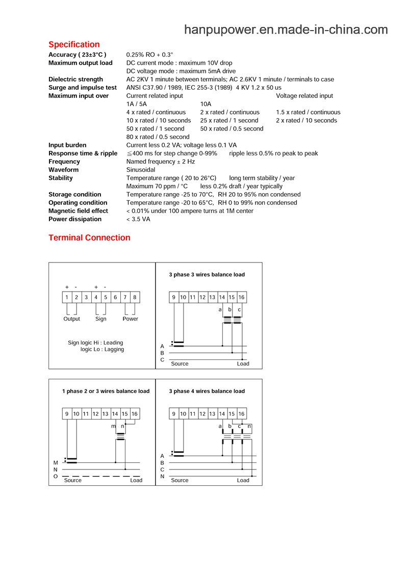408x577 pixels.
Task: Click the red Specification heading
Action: (x=74, y=44)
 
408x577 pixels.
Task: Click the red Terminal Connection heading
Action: (x=89, y=238)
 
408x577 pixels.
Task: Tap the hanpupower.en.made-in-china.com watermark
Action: (x=286, y=30)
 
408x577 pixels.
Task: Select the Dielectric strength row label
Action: (x=75, y=80)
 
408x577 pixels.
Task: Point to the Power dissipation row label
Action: (x=75, y=219)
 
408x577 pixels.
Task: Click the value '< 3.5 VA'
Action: (x=138, y=219)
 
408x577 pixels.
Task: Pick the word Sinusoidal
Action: (x=141, y=170)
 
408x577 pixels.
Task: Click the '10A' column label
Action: (x=206, y=104)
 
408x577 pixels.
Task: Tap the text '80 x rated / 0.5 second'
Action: (x=158, y=137)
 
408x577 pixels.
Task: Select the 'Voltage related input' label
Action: (x=304, y=96)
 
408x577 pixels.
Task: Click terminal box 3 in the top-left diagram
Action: (x=86, y=297)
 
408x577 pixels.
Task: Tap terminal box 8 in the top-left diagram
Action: (x=135, y=297)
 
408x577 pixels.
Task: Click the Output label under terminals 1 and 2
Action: (x=72, y=319)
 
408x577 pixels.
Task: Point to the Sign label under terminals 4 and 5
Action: (x=101, y=319)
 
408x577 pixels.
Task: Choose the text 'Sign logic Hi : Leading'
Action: (x=95, y=343)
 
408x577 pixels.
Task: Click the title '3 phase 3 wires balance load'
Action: (x=207, y=275)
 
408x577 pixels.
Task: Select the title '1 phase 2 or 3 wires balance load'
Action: (x=106, y=391)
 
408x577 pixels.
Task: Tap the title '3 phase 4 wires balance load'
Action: (x=207, y=391)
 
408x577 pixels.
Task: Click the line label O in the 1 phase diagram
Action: (x=56, y=477)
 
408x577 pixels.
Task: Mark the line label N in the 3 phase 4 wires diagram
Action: (x=162, y=477)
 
